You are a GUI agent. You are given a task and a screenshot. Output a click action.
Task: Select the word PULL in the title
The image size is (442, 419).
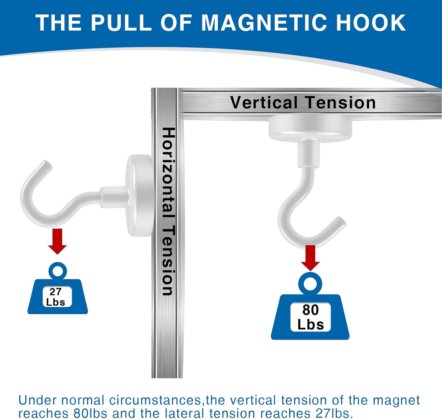[x=121, y=22]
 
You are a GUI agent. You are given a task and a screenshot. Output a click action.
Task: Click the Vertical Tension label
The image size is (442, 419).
[x=303, y=103]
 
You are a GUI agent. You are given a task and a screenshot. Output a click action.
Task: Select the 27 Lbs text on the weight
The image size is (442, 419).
[x=56, y=297]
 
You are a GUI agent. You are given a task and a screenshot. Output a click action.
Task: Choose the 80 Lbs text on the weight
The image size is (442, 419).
[x=311, y=317]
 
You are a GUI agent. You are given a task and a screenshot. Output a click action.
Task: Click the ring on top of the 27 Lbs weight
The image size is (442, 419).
[x=58, y=271]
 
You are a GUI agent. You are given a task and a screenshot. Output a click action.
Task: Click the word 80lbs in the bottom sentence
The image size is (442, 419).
[x=90, y=413]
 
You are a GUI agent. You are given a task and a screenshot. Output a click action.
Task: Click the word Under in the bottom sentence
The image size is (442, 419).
[x=37, y=400]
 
